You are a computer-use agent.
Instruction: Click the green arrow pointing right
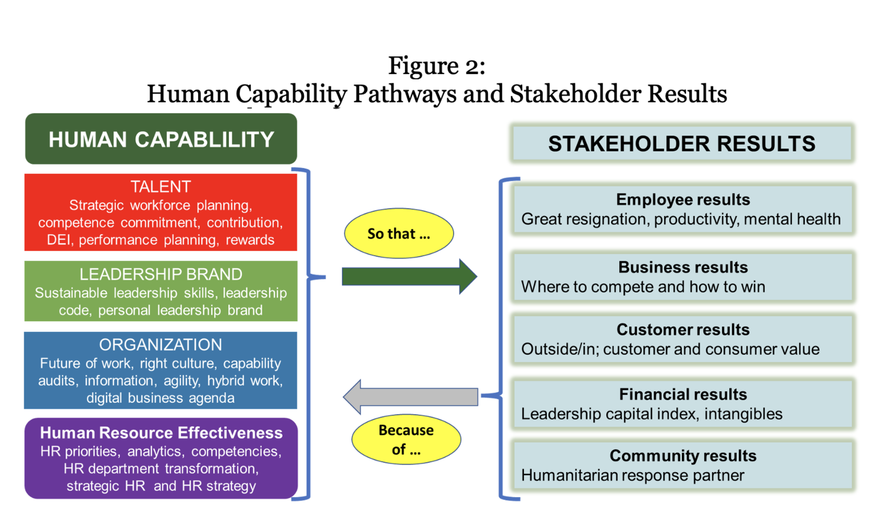tap(409, 276)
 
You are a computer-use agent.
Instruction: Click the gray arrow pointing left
tap(410, 397)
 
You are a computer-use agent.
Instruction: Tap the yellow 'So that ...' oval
tap(399, 234)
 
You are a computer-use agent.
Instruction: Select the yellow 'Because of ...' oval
tap(406, 440)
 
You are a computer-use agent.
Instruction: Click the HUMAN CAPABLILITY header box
tap(161, 138)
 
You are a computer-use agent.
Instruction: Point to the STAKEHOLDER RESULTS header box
tap(682, 143)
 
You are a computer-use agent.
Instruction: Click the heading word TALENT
tap(161, 186)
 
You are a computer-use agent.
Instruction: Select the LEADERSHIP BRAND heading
tap(161, 275)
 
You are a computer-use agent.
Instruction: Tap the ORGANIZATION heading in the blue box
tap(161, 344)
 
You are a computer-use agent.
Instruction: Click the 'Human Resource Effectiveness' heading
tap(161, 433)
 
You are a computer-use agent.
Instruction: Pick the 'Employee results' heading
tap(683, 199)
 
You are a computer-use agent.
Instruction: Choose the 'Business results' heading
tap(683, 267)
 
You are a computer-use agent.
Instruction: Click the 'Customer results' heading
tap(683, 330)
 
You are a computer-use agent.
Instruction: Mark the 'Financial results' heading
tap(683, 394)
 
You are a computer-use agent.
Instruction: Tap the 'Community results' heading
tap(683, 456)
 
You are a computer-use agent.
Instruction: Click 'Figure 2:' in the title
tap(437, 65)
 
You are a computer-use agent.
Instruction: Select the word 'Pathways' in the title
tap(405, 94)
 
